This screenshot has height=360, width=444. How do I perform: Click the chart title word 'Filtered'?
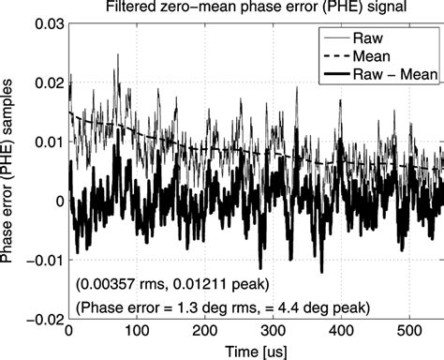(137, 9)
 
